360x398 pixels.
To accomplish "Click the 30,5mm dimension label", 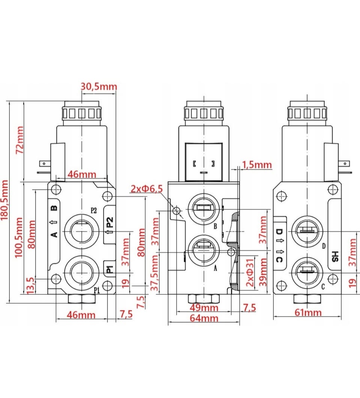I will click(x=99, y=87).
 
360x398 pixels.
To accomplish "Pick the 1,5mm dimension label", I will click(x=257, y=164).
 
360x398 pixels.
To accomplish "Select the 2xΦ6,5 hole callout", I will click(x=147, y=189).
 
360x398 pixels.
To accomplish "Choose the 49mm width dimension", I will click(x=204, y=308).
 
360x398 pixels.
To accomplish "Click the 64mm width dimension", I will click(x=204, y=318).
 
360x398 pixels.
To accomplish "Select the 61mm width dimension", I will click(x=307, y=312).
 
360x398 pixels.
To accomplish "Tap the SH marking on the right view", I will click(x=335, y=256).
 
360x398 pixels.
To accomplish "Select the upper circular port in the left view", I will click(x=81, y=230).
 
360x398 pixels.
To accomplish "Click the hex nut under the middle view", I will click(x=204, y=298).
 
